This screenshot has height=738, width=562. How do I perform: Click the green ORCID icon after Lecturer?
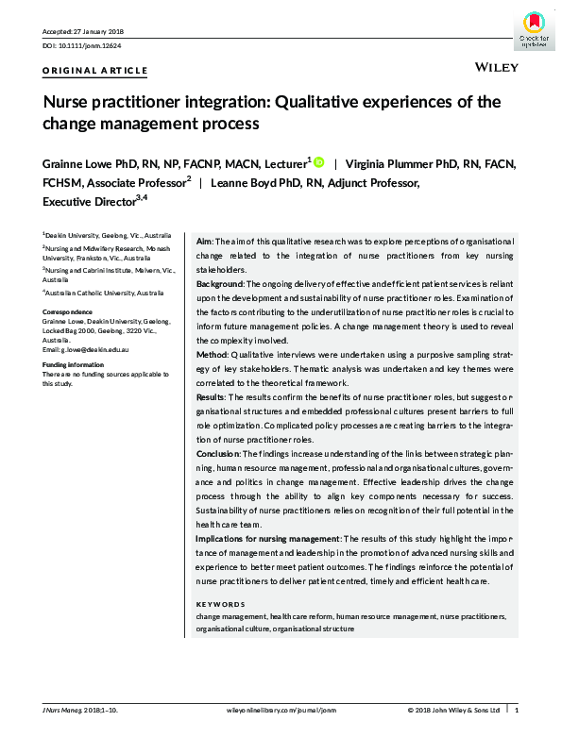317,162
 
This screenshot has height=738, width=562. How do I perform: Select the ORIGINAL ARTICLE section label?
95,71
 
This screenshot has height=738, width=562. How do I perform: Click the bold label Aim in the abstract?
203,241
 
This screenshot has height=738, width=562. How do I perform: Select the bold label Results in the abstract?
211,398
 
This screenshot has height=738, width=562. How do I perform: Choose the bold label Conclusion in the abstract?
217,454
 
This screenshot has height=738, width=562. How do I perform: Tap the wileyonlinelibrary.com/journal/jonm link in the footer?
281,709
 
